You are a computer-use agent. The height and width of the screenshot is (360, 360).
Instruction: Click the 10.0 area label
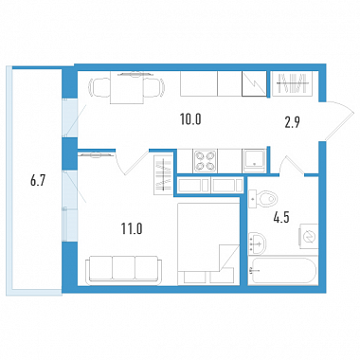click(190, 119)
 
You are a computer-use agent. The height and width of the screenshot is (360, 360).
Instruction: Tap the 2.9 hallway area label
click(292, 122)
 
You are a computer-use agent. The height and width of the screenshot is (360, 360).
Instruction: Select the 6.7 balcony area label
click(38, 181)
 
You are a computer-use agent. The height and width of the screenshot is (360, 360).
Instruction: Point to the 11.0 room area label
click(132, 228)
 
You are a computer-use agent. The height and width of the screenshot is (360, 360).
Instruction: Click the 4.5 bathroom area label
click(281, 218)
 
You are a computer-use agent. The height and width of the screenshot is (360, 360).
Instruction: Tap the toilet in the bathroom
click(262, 199)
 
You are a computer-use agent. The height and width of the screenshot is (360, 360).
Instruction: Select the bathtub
click(282, 271)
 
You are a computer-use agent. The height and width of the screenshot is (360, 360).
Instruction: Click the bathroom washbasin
click(257, 243)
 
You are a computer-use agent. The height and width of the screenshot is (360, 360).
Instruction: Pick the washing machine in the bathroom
click(309, 236)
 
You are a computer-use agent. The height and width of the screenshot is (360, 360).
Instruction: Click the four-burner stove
click(206, 161)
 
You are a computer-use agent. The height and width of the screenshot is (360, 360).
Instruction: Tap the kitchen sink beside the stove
click(254, 161)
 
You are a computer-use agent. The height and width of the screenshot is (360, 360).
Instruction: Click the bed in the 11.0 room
click(208, 243)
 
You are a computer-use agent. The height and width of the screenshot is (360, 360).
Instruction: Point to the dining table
click(127, 88)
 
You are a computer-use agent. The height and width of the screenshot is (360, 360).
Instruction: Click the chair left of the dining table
click(99, 86)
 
